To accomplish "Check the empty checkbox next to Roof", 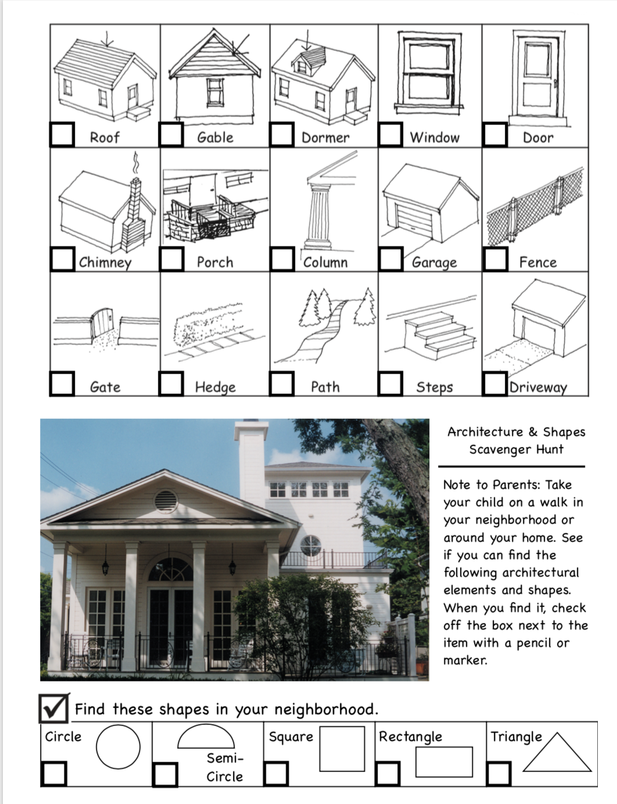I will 62,134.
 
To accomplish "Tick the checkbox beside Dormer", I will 282,134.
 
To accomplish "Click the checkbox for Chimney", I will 62,259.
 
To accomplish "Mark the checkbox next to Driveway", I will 495,383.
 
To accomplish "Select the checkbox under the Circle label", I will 53,774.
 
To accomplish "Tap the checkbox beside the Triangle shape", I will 498,774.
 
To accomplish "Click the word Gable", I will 215,138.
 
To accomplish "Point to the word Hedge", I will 215,387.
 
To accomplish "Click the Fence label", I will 537,263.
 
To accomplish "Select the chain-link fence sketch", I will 535,209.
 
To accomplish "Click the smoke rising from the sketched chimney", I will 136,163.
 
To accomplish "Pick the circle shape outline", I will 118,746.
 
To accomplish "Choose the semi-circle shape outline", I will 206,737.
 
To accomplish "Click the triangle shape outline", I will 556,753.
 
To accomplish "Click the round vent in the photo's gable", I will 165,499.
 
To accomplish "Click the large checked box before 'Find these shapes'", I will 54,708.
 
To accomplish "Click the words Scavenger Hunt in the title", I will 516,449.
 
